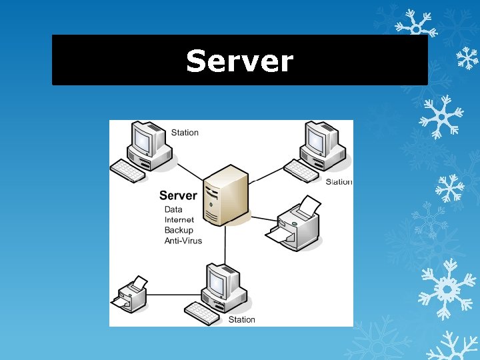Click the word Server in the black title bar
[x=239, y=61]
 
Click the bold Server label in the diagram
[x=178, y=195]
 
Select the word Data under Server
[x=173, y=209]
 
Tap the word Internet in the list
[x=179, y=219]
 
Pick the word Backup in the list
[x=179, y=230]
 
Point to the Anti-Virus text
[x=183, y=241]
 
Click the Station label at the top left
[x=185, y=132]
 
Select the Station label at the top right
[x=339, y=181]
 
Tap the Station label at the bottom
[x=241, y=319]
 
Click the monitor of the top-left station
[x=144, y=140]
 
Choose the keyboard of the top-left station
[x=127, y=171]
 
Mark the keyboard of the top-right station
[x=301, y=170]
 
